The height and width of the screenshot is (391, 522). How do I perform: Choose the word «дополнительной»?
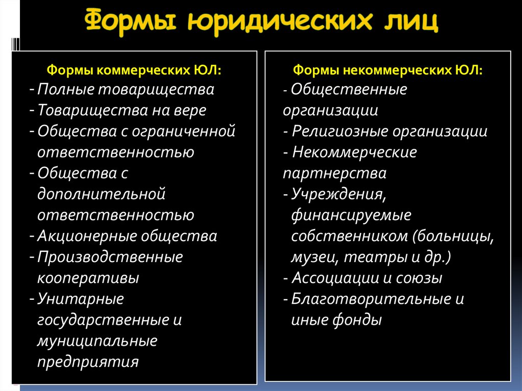tap(101, 194)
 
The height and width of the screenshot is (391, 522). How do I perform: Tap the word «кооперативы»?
tap(88, 278)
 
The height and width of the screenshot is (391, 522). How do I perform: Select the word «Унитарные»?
tap(80, 299)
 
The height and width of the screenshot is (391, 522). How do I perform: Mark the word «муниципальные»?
tap(97, 341)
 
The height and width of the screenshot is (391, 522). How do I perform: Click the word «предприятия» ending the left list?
tap(88, 361)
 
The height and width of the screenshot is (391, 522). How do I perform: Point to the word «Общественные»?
tap(349, 90)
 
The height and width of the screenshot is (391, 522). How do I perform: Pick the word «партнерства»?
tap(334, 173)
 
